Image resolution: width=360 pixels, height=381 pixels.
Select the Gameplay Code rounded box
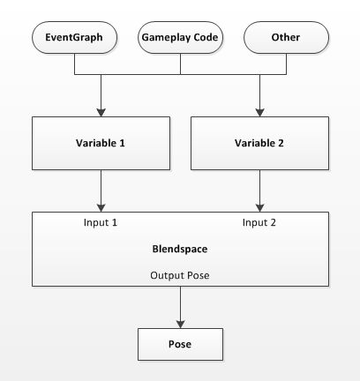(180, 38)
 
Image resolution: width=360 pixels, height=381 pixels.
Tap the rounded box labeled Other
(286, 38)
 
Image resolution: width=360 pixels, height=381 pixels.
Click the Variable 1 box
(101, 144)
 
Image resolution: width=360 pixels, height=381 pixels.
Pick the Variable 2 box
(259, 144)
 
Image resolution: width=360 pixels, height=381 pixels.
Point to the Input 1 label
(101, 222)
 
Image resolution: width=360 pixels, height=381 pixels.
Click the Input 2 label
(259, 222)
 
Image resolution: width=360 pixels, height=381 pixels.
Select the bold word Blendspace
(180, 250)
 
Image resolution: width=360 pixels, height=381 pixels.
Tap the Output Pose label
(180, 275)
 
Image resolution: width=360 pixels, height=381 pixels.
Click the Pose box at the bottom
(180, 344)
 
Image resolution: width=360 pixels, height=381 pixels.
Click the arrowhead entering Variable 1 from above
(101, 112)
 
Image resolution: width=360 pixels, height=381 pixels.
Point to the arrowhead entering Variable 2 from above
(259, 112)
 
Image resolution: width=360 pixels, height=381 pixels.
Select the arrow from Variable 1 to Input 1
(101, 190)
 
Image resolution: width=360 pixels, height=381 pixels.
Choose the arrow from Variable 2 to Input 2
(259, 190)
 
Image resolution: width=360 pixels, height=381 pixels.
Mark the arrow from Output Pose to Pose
(180, 309)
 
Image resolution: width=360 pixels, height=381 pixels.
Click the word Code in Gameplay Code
(204, 38)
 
